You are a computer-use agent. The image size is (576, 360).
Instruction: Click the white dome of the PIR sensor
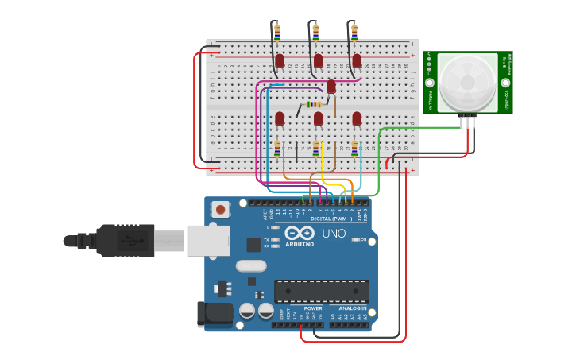[x=467, y=83]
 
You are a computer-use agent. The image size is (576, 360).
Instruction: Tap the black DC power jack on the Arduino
[x=215, y=315]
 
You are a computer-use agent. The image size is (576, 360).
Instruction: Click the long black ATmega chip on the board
[x=321, y=291]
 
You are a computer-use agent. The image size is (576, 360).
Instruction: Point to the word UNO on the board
[x=334, y=234]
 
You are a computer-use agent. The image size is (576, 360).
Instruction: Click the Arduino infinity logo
[x=300, y=233]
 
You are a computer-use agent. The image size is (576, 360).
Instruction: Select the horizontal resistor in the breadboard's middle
[x=314, y=104]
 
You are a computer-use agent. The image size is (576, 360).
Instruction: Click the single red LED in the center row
[x=331, y=87]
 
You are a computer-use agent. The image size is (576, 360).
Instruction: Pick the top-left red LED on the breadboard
[x=280, y=61]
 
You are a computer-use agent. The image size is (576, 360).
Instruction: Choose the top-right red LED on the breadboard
[x=357, y=61]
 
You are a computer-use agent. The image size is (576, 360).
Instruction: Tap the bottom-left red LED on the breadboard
[x=280, y=118]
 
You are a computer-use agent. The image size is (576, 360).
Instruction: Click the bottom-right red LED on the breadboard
[x=357, y=118]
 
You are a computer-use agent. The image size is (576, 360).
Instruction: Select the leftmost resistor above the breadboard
[x=277, y=32]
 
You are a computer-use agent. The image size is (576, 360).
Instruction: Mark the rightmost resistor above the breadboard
[x=354, y=32]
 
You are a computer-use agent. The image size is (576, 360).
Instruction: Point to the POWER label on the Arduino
[x=313, y=308]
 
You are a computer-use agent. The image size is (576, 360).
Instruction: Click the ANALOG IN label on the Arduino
[x=354, y=308]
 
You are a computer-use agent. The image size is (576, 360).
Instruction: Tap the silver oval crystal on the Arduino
[x=251, y=266]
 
